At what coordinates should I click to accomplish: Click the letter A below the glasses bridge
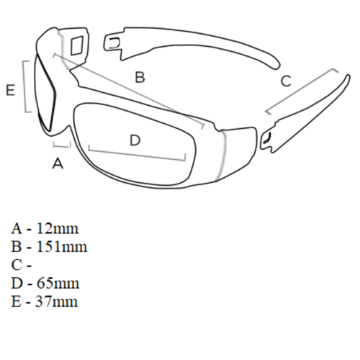pyautogui.click(x=58, y=163)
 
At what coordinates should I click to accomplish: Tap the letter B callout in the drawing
pyautogui.click(x=140, y=77)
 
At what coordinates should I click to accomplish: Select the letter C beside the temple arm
pyautogui.click(x=286, y=81)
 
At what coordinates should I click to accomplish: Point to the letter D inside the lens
pyautogui.click(x=135, y=140)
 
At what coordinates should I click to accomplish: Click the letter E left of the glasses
pyautogui.click(x=10, y=90)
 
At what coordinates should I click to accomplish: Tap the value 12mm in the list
pyautogui.click(x=57, y=228)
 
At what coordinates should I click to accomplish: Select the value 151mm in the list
pyautogui.click(x=61, y=247)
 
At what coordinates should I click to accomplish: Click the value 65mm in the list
pyautogui.click(x=58, y=284)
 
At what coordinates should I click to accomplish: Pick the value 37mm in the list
pyautogui.click(x=57, y=302)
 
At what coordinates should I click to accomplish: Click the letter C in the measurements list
pyautogui.click(x=17, y=265)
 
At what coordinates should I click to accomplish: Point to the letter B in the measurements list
pyautogui.click(x=17, y=247)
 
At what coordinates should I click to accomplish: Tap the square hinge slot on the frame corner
pyautogui.click(x=77, y=45)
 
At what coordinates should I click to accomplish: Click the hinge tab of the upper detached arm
pyautogui.click(x=112, y=43)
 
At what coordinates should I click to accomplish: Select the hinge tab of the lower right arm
pyautogui.click(x=266, y=139)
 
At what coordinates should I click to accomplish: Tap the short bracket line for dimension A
pyautogui.click(x=62, y=145)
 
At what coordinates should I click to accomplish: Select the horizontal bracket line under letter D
pyautogui.click(x=137, y=154)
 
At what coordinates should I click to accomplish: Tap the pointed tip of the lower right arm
pyautogui.click(x=348, y=77)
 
